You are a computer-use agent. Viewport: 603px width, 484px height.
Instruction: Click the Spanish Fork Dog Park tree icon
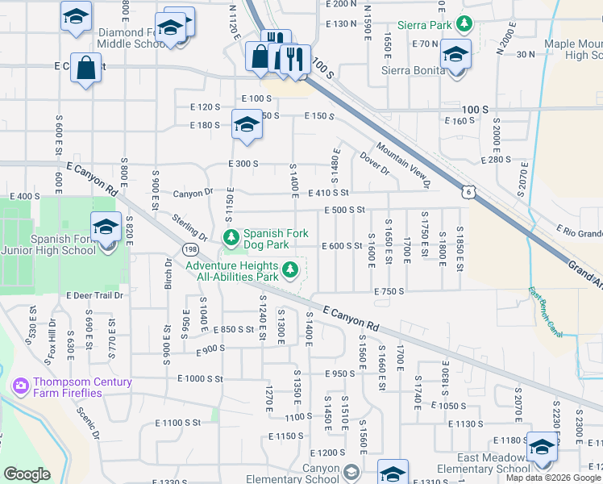(231, 236)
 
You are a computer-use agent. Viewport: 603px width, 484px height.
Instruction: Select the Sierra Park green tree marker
(464, 25)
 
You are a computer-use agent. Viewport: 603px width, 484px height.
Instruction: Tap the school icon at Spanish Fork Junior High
(106, 227)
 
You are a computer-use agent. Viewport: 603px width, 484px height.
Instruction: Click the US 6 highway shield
(468, 191)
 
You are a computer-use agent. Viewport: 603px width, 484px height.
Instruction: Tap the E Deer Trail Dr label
(95, 295)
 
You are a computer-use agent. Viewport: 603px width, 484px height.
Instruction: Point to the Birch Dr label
(168, 274)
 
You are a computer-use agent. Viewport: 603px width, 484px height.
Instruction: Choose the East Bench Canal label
(546, 311)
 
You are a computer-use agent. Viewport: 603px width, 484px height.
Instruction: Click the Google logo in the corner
(27, 474)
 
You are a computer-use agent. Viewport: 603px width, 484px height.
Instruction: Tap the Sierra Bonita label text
(413, 70)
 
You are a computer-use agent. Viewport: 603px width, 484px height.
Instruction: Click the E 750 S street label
(389, 290)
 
